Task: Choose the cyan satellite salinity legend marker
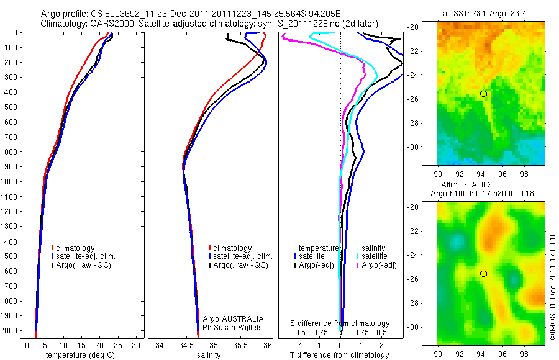358,256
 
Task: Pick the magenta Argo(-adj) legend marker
358,265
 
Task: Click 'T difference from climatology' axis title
340,355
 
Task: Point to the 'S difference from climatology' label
340,323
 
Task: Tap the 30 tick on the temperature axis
137,345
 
